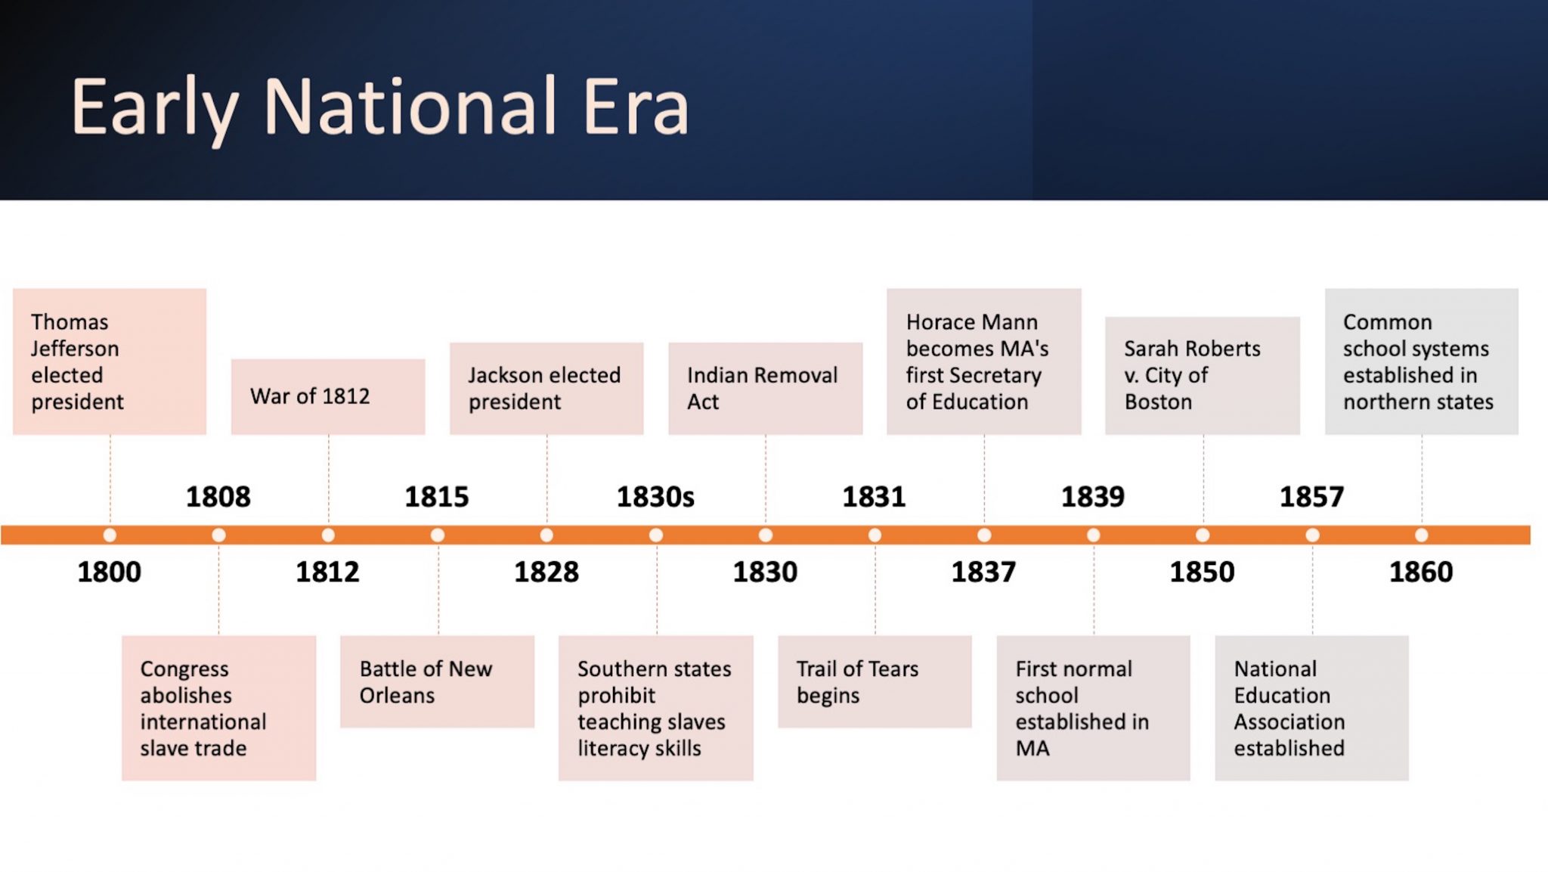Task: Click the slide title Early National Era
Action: pyautogui.click(x=380, y=107)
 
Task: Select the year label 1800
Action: pyautogui.click(x=109, y=572)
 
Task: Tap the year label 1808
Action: pyautogui.click(x=218, y=497)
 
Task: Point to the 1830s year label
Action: pyautogui.click(x=655, y=497)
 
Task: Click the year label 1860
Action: pyautogui.click(x=1421, y=572)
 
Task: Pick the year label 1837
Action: pyautogui.click(x=983, y=572)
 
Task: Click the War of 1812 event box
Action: pyautogui.click(x=328, y=396)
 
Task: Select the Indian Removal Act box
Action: pyautogui.click(x=765, y=388)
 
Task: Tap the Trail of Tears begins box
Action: pyautogui.click(x=875, y=681)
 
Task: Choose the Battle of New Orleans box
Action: pyautogui.click(x=437, y=681)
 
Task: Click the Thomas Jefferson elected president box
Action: pyautogui.click(x=110, y=362)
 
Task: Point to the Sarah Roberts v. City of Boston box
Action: pyautogui.click(x=1203, y=375)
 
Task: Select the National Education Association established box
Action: pyautogui.click(x=1311, y=708)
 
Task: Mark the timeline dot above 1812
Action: pyautogui.click(x=328, y=535)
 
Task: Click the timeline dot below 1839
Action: pyautogui.click(x=1093, y=535)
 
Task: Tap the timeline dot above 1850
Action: pyautogui.click(x=1203, y=535)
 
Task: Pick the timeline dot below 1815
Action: pyautogui.click(x=438, y=535)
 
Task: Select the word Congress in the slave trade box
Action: pyautogui.click(x=184, y=670)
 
